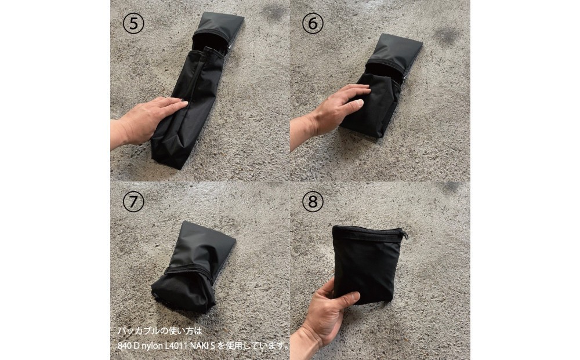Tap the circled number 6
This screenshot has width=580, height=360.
pyautogui.click(x=313, y=23)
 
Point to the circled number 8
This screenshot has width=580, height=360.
pyautogui.click(x=313, y=201)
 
